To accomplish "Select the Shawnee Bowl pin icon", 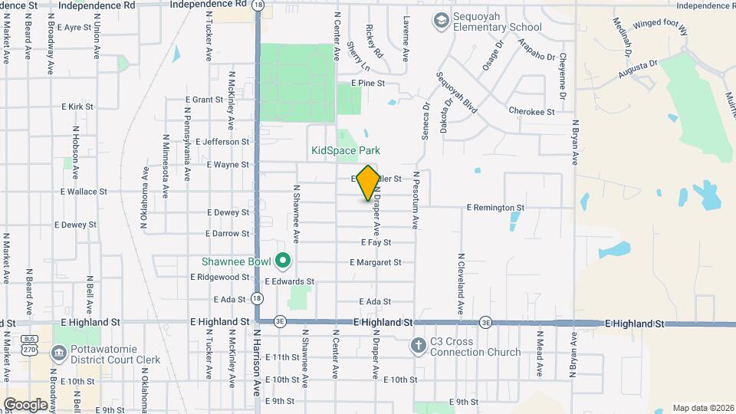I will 282,261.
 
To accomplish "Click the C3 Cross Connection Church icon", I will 419,344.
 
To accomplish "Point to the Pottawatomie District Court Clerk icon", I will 58,353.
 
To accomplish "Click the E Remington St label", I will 495,207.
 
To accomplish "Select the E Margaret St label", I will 375,262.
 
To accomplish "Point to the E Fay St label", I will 376,242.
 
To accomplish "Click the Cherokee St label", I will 531,111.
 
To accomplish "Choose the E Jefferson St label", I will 222,142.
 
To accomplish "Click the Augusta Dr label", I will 639,71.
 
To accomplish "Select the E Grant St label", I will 205,100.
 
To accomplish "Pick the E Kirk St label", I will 77,107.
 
